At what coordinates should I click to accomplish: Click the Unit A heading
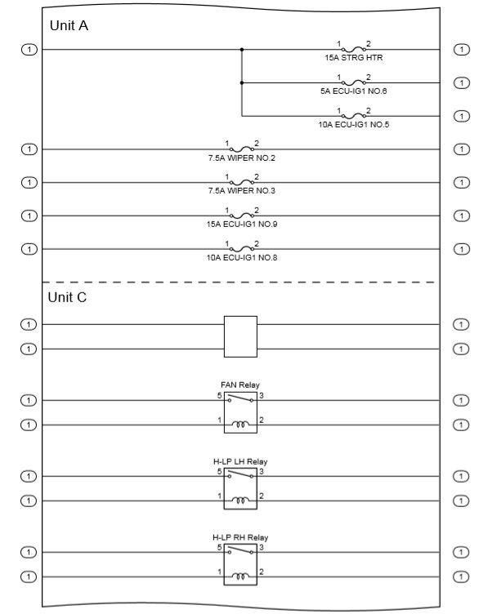click(69, 25)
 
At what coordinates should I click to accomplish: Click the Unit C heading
click(67, 297)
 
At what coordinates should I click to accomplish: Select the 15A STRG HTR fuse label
click(354, 58)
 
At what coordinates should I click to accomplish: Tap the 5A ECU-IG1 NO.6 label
click(354, 91)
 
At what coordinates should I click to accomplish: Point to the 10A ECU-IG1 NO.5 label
click(354, 124)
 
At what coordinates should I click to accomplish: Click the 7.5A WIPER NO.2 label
click(241, 158)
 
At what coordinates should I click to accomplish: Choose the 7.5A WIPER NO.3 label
click(241, 190)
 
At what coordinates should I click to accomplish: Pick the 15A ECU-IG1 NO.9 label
click(241, 224)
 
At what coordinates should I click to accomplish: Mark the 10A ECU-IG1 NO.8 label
click(241, 257)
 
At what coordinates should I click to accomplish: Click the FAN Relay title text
click(240, 384)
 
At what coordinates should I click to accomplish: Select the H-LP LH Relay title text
click(240, 461)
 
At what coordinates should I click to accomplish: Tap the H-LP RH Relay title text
click(240, 537)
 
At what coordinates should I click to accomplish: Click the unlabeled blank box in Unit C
click(240, 336)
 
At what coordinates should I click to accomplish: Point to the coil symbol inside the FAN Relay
click(240, 425)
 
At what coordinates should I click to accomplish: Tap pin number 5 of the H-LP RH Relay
click(219, 547)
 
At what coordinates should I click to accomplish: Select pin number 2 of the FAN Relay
click(262, 420)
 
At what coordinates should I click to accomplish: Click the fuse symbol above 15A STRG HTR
click(354, 49)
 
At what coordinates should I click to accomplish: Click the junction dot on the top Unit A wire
click(242, 50)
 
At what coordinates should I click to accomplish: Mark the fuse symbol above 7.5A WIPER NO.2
click(241, 149)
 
